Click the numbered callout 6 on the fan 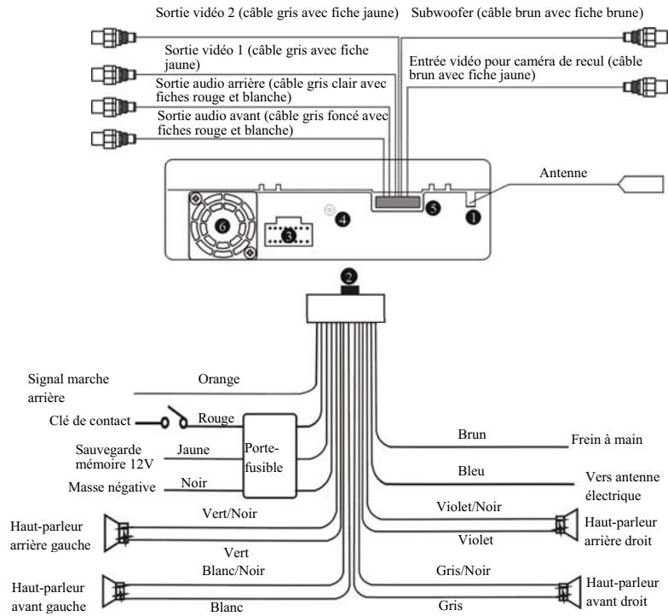pos(222,226)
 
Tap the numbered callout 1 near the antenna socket pos(473,216)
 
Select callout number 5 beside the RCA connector pos(433,207)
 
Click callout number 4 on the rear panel pos(343,219)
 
